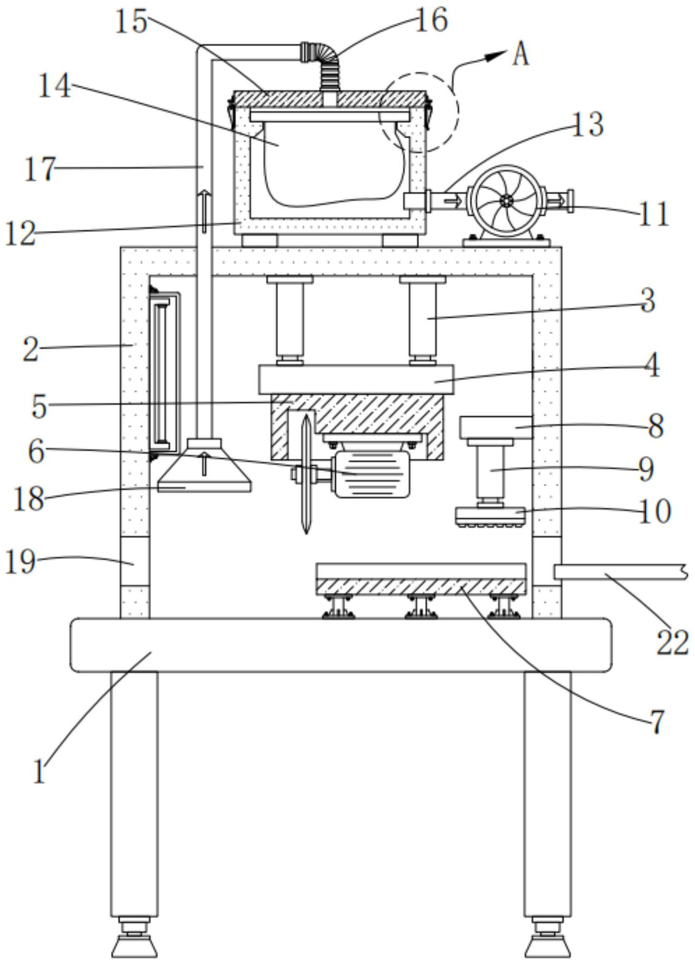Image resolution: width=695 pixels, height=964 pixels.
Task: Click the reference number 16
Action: click(431, 21)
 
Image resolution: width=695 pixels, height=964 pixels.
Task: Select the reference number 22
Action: click(672, 644)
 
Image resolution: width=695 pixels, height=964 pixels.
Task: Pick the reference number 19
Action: click(20, 562)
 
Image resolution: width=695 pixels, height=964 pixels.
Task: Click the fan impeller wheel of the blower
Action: click(506, 201)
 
